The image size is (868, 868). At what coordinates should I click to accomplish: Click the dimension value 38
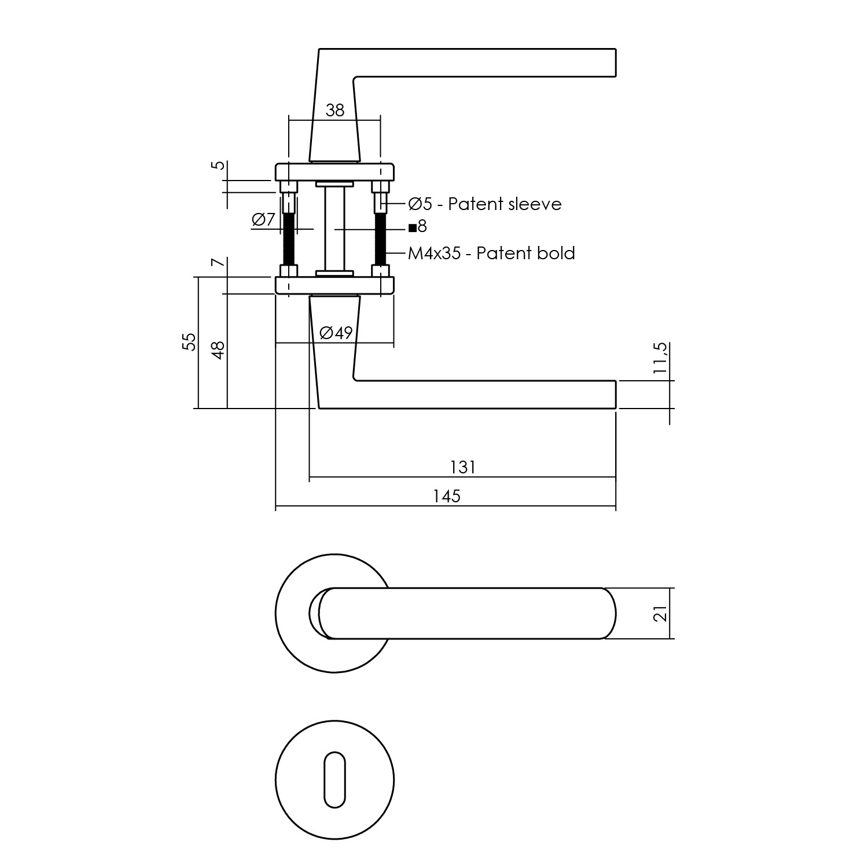[335, 110]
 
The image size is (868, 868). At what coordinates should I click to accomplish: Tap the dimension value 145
[447, 496]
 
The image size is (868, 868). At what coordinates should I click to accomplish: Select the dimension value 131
[462, 466]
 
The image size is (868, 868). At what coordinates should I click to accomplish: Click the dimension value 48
[218, 350]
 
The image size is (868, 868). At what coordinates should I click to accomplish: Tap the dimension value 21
[660, 613]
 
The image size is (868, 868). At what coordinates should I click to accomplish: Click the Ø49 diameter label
[336, 333]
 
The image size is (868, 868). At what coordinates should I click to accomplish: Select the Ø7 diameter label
[263, 220]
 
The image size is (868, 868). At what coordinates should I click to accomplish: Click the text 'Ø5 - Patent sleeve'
[484, 204]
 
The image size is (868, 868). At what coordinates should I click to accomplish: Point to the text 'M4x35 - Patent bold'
[491, 253]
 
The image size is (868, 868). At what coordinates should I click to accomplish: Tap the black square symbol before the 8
[412, 227]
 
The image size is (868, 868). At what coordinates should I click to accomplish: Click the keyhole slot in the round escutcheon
[334, 779]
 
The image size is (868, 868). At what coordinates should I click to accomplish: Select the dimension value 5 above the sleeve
[218, 165]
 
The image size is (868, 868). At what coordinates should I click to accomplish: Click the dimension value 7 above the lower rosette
[218, 263]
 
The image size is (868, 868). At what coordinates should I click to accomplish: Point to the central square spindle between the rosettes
[334, 229]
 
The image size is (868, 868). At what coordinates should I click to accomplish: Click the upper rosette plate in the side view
[334, 172]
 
